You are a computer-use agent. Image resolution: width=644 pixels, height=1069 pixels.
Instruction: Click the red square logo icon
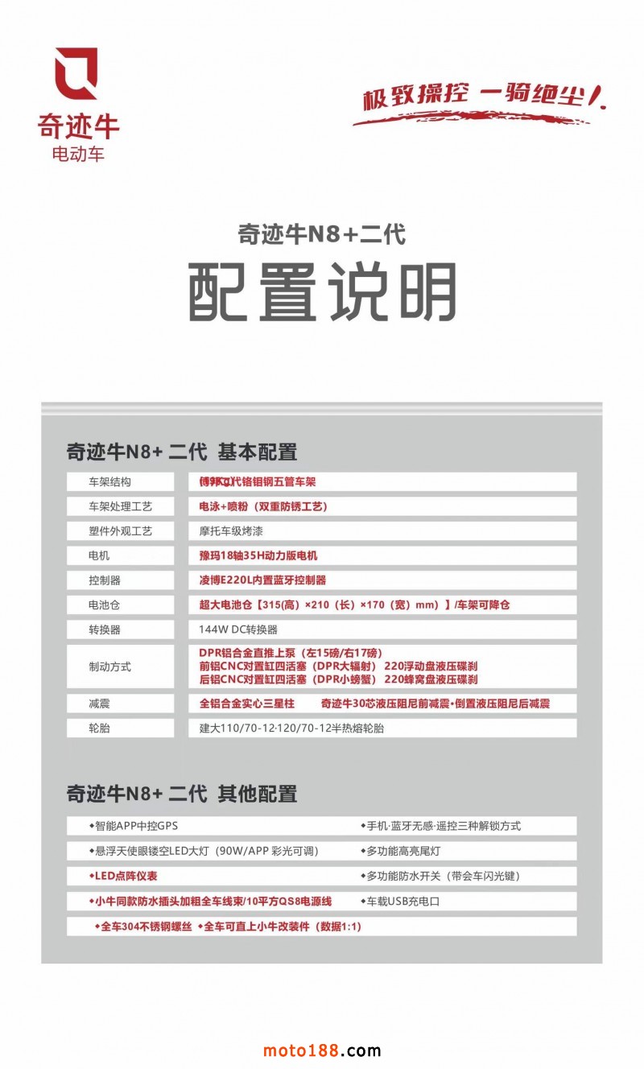[76, 73]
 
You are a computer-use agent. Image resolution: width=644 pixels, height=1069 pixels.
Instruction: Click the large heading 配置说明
[323, 291]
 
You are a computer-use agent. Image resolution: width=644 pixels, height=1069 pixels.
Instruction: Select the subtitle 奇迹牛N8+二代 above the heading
[321, 234]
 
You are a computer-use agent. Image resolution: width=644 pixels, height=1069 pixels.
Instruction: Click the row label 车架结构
[110, 481]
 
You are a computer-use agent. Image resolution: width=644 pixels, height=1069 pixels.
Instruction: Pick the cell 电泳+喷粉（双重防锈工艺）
[263, 506]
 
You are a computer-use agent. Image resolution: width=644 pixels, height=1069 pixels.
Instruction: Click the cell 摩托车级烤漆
[231, 531]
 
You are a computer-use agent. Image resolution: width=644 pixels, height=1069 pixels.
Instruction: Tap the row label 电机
[100, 555]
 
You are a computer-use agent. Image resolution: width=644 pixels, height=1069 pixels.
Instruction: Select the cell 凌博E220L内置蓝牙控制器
[262, 580]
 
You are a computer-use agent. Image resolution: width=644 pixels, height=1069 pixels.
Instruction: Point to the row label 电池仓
[105, 605]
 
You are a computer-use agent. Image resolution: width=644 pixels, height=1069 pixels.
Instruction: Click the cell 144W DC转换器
[238, 629]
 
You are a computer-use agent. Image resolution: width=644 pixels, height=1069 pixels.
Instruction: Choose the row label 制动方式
[110, 667]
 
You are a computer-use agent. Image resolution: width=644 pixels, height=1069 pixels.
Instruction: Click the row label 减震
[100, 704]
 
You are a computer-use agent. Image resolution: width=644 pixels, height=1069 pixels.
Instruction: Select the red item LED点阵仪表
[124, 876]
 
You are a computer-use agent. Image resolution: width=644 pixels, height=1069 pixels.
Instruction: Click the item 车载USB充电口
[402, 901]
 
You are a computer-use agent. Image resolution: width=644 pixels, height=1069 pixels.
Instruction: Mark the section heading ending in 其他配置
[182, 794]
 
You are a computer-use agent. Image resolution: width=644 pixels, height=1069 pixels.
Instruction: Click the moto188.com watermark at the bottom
[322, 1050]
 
